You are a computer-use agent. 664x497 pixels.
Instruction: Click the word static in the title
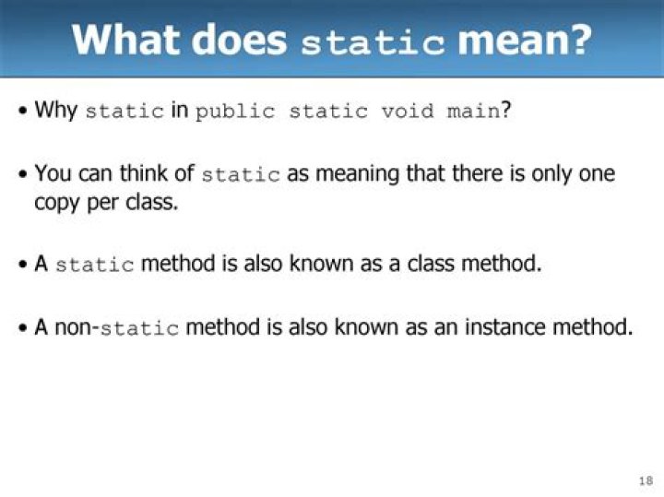(x=373, y=41)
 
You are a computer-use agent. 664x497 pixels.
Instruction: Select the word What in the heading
(x=129, y=40)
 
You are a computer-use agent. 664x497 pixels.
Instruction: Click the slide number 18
(x=645, y=480)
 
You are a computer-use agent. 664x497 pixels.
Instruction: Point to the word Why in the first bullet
(x=55, y=111)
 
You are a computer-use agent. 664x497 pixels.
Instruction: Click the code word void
(x=409, y=112)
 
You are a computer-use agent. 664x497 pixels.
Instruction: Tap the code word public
(x=235, y=112)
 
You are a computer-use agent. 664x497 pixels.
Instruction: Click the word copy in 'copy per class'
(x=56, y=202)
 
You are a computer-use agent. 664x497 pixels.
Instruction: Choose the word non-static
(x=116, y=327)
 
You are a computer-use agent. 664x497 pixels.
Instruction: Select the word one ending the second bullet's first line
(x=596, y=173)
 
